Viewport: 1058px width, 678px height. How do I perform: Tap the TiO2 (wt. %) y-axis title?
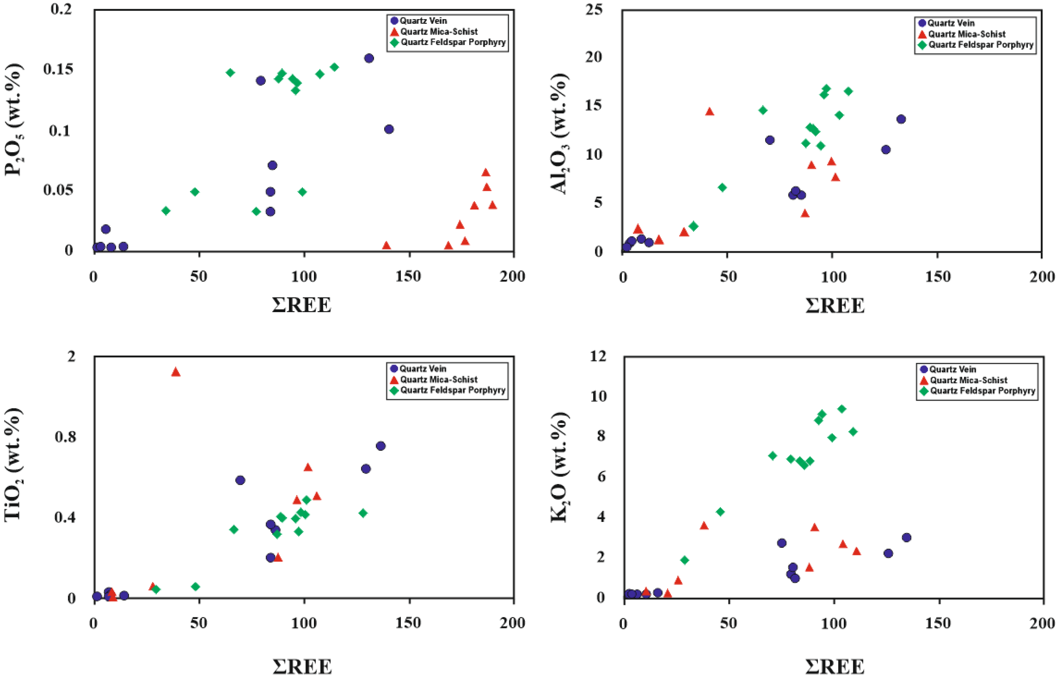13,465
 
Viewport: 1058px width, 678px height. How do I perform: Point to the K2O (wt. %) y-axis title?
559,468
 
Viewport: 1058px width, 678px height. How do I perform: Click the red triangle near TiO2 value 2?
176,372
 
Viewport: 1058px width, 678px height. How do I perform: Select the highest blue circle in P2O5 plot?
369,58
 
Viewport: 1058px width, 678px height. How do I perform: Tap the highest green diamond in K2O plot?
841,408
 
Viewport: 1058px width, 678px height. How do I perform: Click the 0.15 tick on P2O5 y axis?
58,69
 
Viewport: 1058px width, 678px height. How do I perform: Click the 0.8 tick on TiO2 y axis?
65,437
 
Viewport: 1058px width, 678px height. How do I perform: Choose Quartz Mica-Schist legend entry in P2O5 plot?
439,32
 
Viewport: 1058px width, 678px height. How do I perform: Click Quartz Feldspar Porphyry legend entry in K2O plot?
982,391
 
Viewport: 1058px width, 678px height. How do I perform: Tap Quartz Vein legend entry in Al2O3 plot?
951,23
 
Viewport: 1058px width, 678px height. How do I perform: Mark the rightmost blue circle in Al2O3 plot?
901,119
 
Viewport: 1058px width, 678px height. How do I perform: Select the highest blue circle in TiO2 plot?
380,446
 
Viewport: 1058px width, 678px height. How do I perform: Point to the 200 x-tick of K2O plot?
1042,623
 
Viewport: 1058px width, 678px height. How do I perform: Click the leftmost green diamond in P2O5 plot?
166,210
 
